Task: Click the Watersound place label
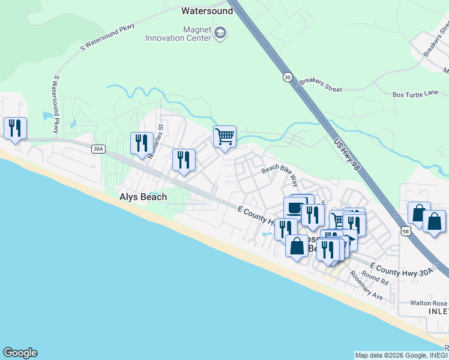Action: point(207,11)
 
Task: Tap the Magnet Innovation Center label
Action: point(178,34)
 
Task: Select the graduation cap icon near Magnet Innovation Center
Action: point(220,32)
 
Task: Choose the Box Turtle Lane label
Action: point(415,94)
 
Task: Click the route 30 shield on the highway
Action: point(288,77)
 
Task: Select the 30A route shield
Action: point(97,149)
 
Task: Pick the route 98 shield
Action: point(406,230)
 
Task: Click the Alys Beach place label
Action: point(143,197)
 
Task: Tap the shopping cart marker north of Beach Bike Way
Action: point(224,137)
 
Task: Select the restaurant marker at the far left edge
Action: point(15,128)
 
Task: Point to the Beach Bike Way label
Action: point(279,173)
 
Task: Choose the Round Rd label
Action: point(375,278)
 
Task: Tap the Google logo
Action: point(20,353)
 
